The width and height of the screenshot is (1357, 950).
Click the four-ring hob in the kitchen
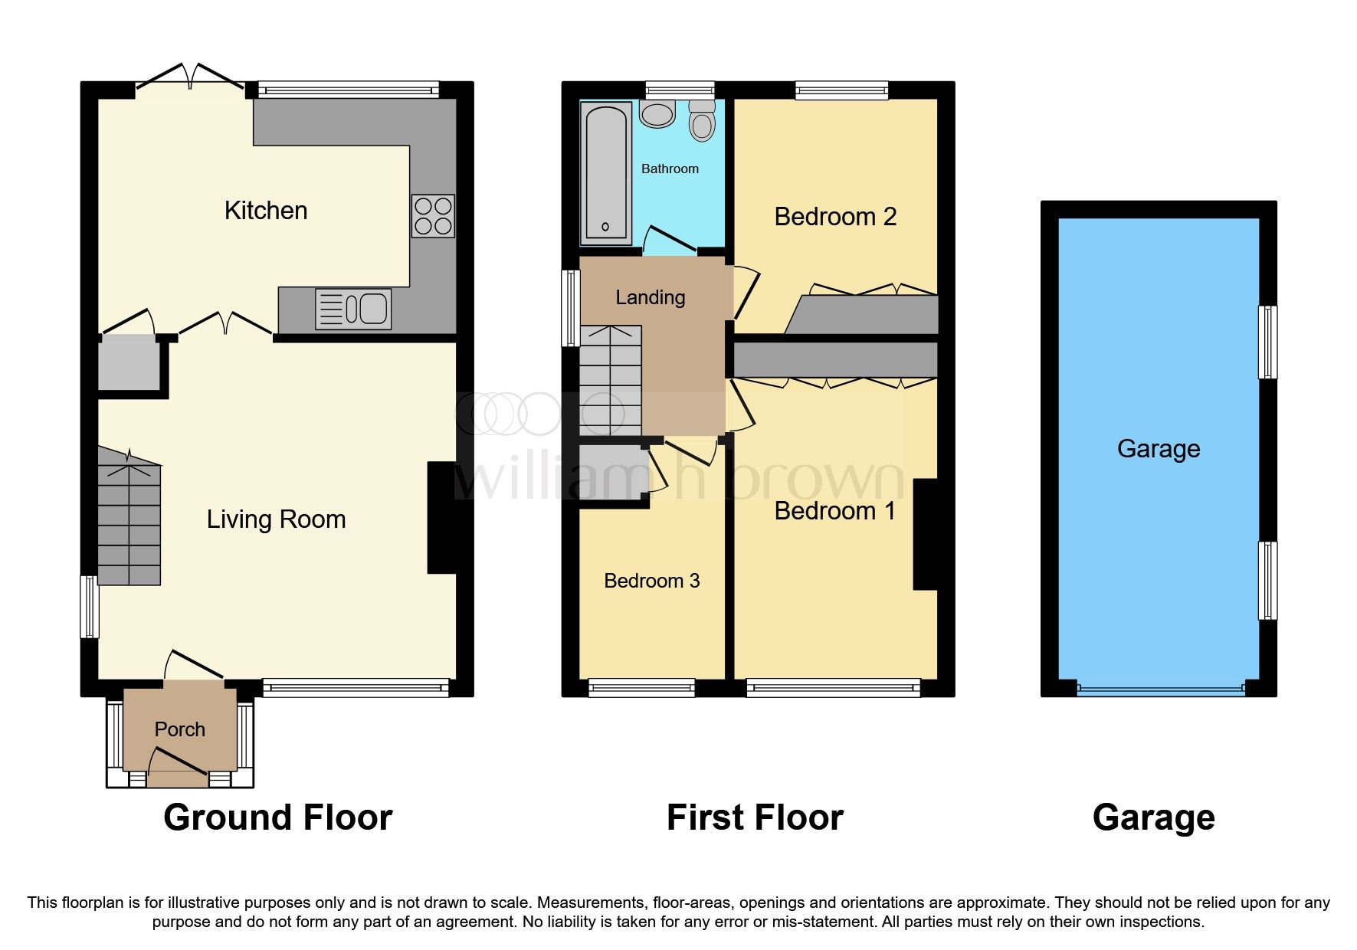pos(433,216)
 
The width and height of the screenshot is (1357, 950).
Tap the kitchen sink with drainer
pos(353,309)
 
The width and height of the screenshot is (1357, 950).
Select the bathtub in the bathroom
pos(605,174)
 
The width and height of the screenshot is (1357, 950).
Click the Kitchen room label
pos(266,211)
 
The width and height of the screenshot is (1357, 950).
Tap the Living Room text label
pos(276,519)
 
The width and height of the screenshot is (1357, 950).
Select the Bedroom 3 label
pos(651,581)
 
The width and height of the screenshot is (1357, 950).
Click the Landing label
pos(650,297)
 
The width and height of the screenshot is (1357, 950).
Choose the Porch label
pos(180,729)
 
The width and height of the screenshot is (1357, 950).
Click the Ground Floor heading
pos(277,817)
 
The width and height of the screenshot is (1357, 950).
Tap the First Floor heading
pos(755,817)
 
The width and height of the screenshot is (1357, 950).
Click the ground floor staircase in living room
pos(129,521)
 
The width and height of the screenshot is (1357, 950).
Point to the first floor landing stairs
pos(610,381)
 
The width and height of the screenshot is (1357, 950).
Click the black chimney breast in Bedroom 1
pos(926,534)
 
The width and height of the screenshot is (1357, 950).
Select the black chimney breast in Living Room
pos(441,517)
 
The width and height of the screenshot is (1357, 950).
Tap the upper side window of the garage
pos(1268,342)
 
